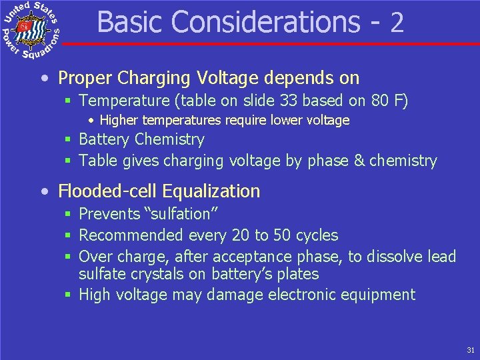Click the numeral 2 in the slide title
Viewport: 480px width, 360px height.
click(397, 23)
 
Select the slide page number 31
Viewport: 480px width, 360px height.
click(471, 349)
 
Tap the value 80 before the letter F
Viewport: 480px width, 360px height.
click(381, 101)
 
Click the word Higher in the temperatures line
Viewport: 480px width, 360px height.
click(118, 121)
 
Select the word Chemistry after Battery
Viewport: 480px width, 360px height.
click(169, 140)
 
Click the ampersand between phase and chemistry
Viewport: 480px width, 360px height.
click(357, 161)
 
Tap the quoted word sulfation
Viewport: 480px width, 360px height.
click(180, 214)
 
